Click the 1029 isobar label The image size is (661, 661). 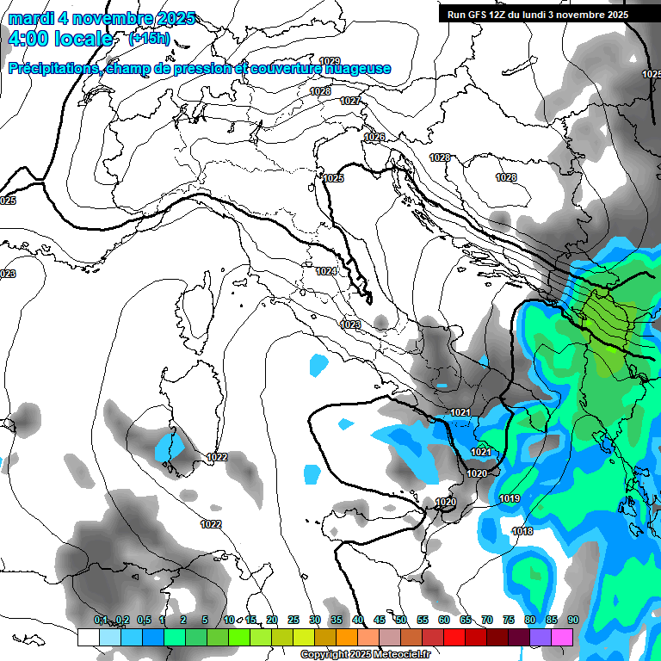point(330,60)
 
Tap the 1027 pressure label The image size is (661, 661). point(349,101)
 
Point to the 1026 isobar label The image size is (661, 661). point(374,137)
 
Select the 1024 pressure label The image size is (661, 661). point(325,271)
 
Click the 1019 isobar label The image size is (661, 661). point(509,498)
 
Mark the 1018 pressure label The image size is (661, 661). point(522,531)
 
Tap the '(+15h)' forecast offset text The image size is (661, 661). point(149,39)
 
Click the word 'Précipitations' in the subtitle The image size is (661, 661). point(52,68)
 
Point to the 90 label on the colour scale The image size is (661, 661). point(573,620)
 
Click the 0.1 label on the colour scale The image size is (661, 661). point(101,620)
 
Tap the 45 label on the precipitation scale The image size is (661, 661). point(380,620)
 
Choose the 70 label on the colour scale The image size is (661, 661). point(487,620)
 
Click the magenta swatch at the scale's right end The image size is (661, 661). point(562,637)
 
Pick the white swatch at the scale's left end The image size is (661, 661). point(88,637)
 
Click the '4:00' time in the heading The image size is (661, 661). point(27,39)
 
